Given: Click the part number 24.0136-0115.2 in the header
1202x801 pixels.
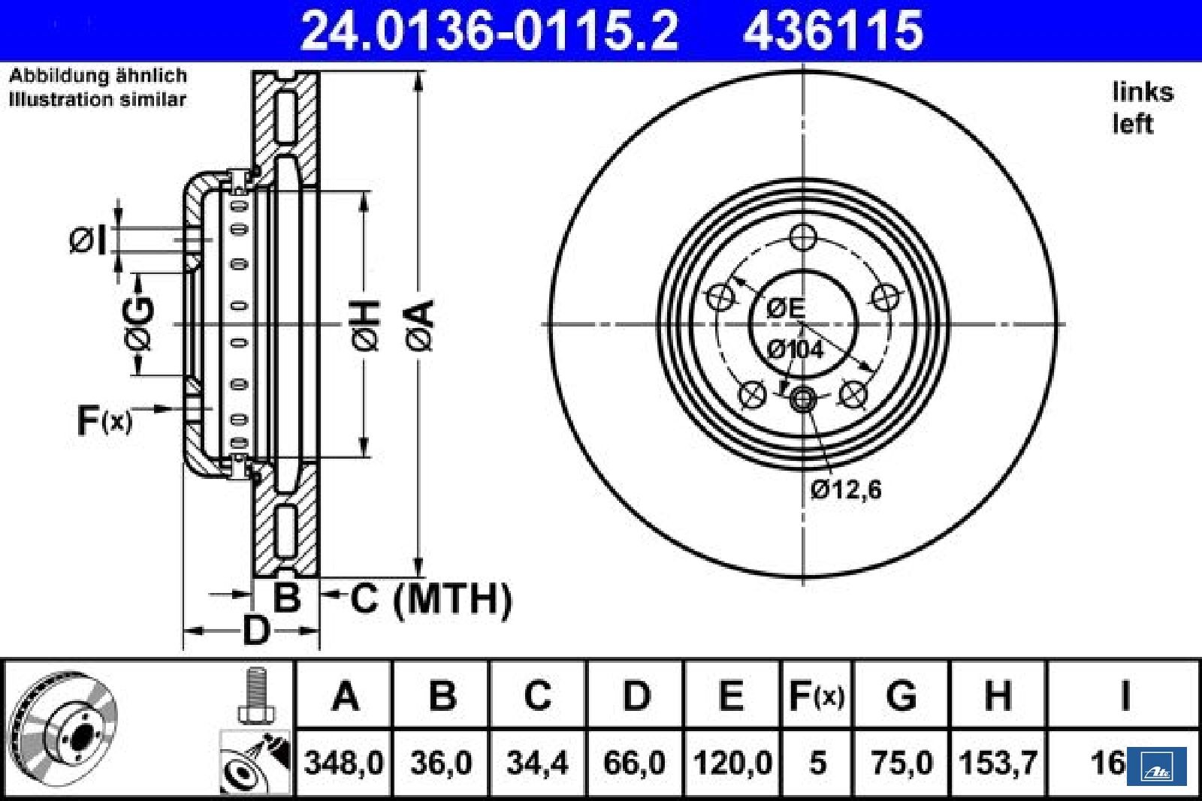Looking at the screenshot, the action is click(490, 31).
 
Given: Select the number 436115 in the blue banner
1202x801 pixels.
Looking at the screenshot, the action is click(833, 31).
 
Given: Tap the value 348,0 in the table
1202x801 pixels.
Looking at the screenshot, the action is click(344, 763).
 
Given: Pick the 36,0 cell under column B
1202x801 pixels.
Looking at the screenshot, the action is click(441, 763).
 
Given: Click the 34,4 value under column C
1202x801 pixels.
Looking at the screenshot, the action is click(537, 763).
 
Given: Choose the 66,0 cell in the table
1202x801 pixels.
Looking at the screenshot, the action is click(634, 763).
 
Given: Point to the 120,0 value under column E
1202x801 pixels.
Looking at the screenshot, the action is click(732, 763).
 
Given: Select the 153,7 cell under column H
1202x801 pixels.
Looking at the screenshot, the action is click(998, 763).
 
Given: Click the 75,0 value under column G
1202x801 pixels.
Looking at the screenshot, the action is click(902, 763).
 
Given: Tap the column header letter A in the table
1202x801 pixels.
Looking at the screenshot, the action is click(345, 695).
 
